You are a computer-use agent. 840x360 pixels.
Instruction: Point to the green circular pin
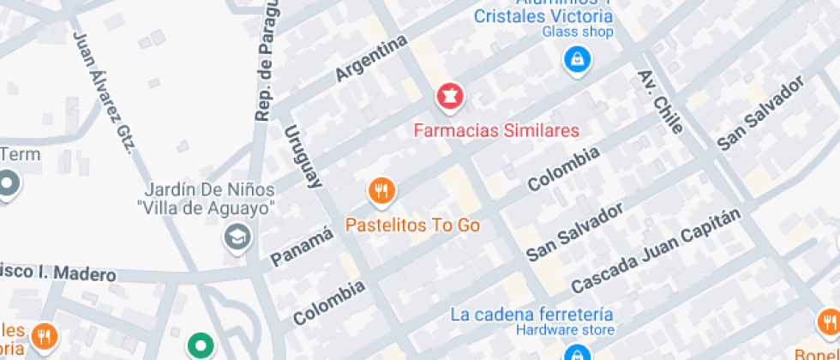point(201,345)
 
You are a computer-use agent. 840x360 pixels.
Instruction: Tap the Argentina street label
point(371,59)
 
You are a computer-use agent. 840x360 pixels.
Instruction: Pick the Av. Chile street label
point(660,101)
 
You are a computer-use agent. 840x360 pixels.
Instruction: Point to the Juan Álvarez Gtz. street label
point(105,93)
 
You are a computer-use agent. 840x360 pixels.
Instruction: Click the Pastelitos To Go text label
point(412,225)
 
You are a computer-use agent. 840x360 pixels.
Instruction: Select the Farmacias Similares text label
point(496,131)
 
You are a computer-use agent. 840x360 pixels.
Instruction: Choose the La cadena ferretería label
point(531,314)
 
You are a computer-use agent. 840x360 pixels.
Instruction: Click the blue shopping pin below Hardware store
point(577,352)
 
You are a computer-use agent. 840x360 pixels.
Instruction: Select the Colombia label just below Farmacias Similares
point(563,169)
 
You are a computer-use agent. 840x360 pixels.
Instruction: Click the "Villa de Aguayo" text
point(206,207)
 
